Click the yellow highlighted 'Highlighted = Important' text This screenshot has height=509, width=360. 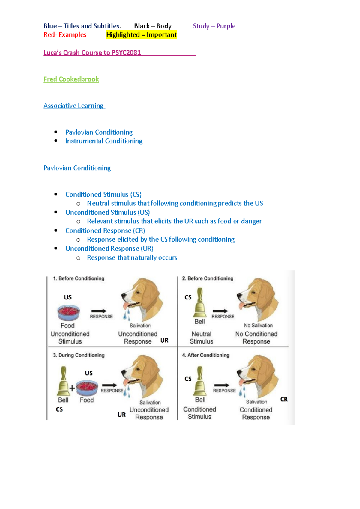[x=141, y=35]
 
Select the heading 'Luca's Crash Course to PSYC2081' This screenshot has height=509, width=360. [x=92, y=53]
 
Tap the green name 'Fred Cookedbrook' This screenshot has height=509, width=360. [x=71, y=79]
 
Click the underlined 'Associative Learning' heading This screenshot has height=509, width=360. [x=74, y=106]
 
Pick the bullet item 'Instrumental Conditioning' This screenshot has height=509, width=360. [x=104, y=141]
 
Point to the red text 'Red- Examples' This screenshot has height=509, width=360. [x=65, y=35]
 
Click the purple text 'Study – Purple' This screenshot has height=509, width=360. [x=214, y=26]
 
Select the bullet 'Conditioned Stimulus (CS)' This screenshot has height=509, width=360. [x=103, y=195]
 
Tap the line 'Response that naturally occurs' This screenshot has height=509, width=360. [x=132, y=258]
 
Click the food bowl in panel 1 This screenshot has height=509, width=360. [x=69, y=312]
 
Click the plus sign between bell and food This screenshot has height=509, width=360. [x=72, y=388]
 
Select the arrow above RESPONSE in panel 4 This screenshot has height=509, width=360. [x=221, y=385]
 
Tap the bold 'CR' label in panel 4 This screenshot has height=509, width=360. [x=284, y=399]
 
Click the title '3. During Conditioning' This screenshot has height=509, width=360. [x=79, y=355]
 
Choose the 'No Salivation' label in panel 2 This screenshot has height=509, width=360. [x=258, y=326]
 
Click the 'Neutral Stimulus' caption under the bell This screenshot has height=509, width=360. [x=201, y=338]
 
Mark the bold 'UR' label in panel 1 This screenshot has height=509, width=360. [x=164, y=341]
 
